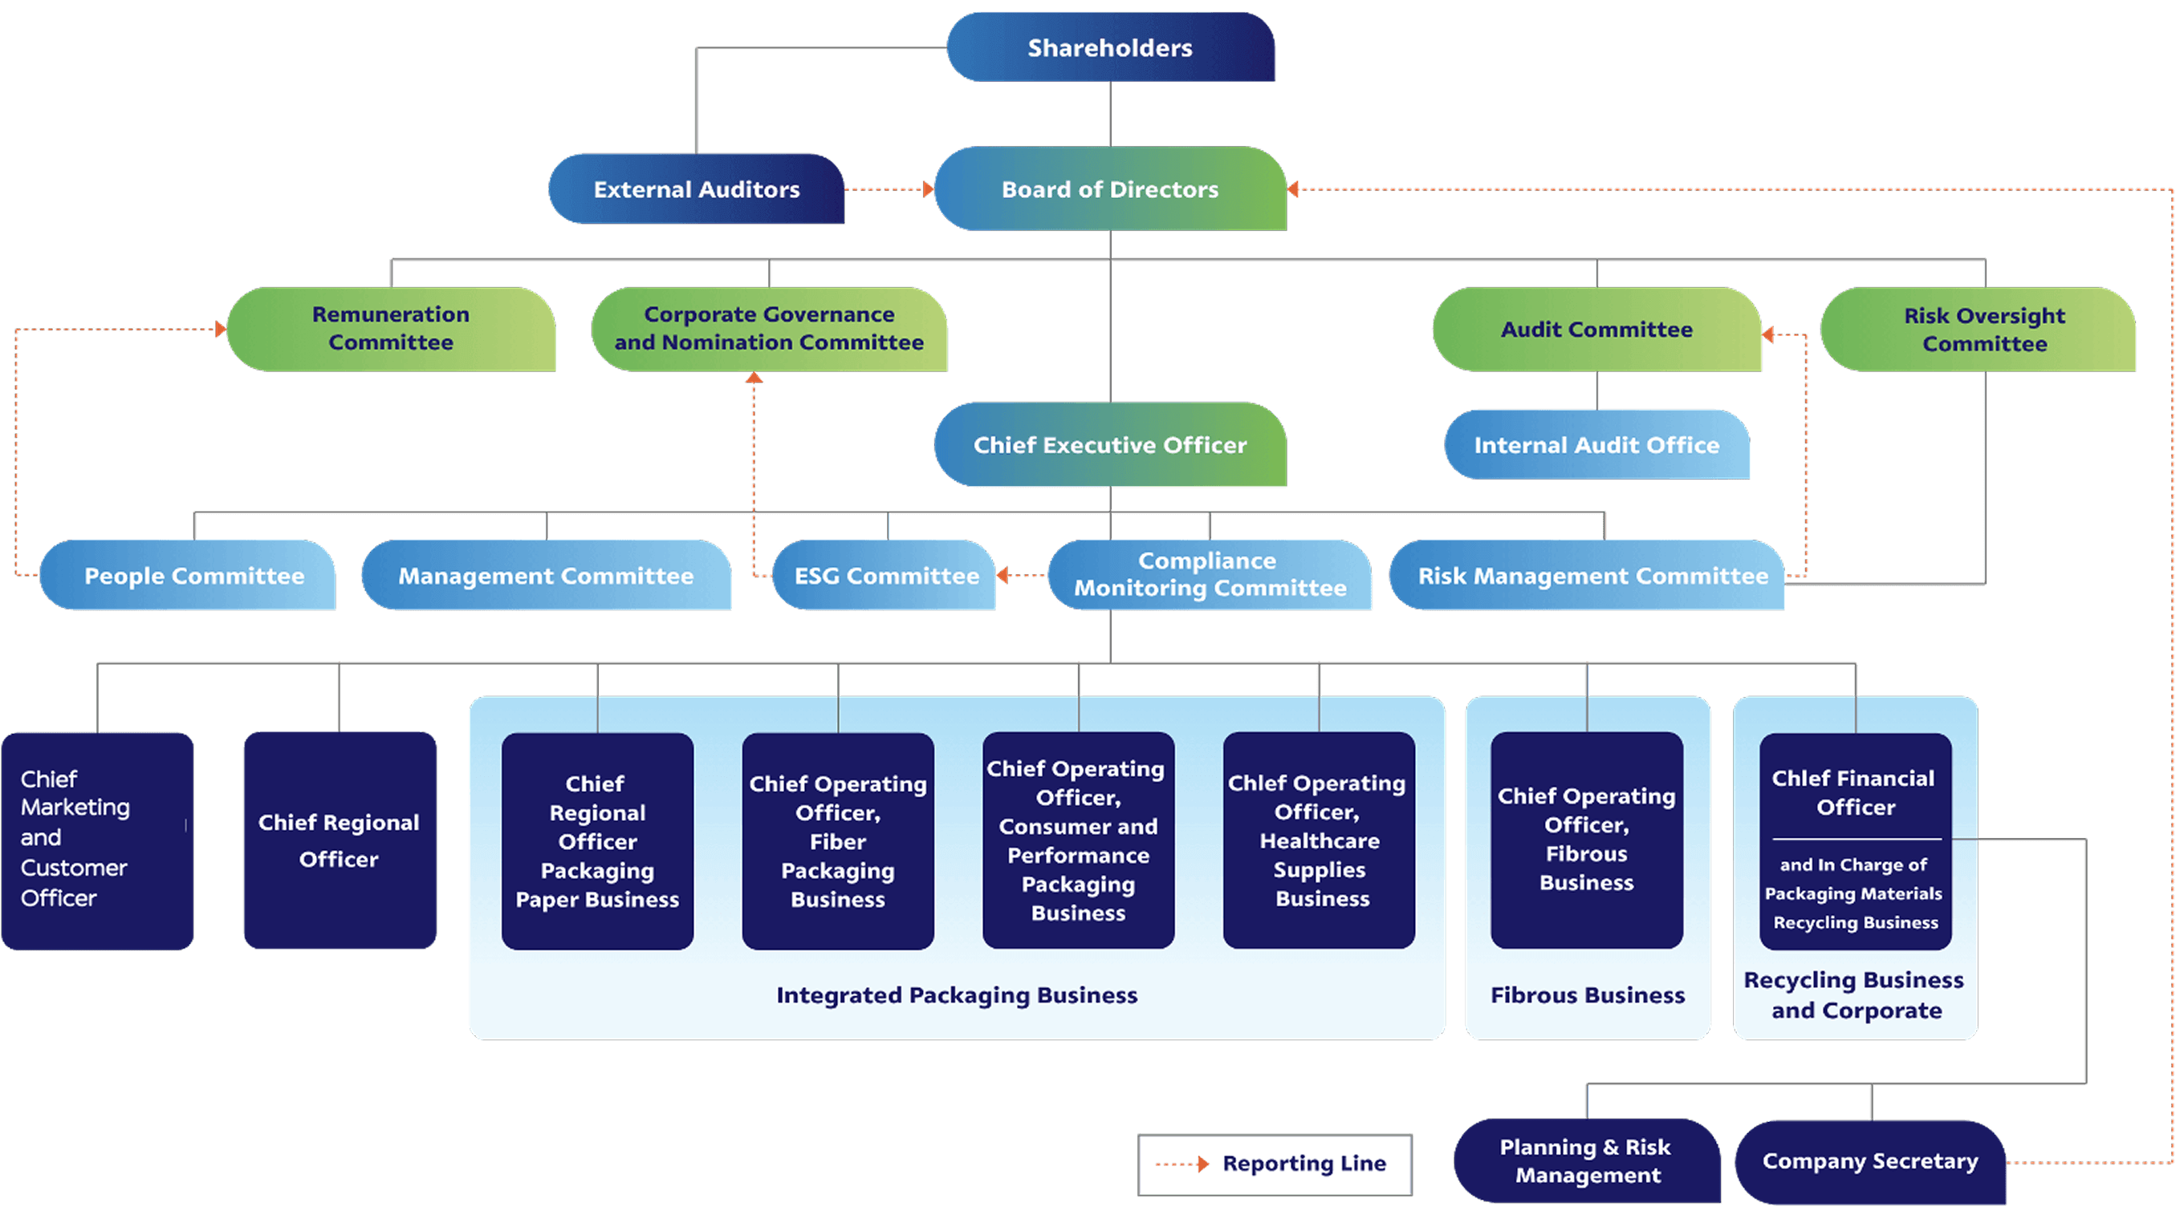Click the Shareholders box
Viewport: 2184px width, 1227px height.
point(1110,47)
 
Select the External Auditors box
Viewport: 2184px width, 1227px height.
point(696,189)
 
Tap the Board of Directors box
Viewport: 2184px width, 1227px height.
point(1110,189)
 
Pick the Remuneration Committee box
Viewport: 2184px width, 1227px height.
point(391,329)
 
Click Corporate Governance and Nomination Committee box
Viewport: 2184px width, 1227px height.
point(769,329)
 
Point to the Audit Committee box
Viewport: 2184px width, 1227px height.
point(1596,329)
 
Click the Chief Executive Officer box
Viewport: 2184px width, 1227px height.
point(1110,444)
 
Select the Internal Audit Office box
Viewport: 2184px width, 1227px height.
point(1596,445)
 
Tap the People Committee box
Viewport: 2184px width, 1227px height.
point(187,574)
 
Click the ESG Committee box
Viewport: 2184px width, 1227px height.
point(885,574)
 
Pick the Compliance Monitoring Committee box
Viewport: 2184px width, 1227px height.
point(1210,574)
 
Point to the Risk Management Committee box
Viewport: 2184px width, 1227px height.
point(1587,574)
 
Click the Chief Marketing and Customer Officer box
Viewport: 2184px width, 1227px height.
point(97,840)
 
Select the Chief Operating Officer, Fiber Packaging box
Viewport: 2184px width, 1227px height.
point(838,840)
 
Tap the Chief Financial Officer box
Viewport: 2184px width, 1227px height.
point(1855,840)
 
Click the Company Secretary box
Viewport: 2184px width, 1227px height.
point(1870,1161)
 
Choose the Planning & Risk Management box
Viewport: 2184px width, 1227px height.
point(1587,1161)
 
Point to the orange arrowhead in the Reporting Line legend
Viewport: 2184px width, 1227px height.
point(1203,1164)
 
